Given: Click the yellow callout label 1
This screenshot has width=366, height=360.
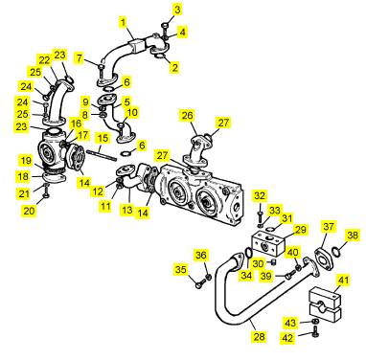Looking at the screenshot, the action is [124, 23].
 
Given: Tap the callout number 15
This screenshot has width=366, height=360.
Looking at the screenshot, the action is [103, 139].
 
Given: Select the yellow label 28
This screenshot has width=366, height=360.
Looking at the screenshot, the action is [259, 336].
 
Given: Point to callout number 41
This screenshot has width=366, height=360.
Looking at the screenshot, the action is [343, 281].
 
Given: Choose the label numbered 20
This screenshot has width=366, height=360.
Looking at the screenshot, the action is [29, 211].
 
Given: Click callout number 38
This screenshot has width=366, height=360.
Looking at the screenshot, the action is [353, 236].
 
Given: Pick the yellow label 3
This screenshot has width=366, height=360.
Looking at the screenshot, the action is [177, 10].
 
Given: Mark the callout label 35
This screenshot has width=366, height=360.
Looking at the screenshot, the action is [181, 270].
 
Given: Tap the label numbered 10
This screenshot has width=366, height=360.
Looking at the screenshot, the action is [132, 112].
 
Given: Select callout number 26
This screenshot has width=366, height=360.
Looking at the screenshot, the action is [188, 115].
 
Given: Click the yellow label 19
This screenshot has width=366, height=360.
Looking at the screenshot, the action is [27, 161].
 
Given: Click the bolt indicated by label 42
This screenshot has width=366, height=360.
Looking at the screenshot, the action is [316, 332].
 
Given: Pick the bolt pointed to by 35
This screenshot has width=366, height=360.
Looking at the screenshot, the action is [200, 284].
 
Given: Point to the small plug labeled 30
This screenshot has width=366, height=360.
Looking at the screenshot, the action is [273, 263].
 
